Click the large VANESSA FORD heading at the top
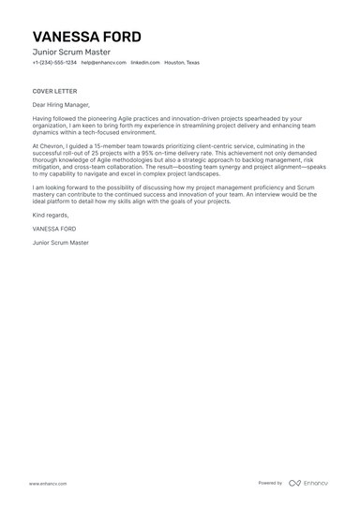click(86, 37)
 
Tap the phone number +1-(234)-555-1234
click(54, 63)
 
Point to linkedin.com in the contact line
click(144, 63)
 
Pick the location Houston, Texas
click(182, 63)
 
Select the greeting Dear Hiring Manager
click(62, 105)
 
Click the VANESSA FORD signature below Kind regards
click(54, 229)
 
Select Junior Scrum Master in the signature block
click(61, 243)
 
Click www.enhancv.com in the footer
click(47, 484)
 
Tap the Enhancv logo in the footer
click(308, 484)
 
